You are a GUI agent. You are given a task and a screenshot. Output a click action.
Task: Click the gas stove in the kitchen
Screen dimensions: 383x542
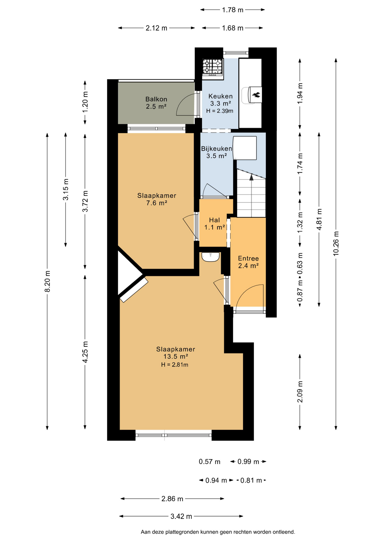[213, 68]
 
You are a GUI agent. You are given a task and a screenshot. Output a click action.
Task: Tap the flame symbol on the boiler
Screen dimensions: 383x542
[256, 95]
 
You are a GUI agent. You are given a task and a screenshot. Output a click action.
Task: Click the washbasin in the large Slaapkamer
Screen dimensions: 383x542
[210, 257]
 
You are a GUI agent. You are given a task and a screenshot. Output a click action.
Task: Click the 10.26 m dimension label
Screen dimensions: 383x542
[336, 244]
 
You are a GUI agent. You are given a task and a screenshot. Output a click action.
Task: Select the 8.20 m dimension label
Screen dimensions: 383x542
[47, 281]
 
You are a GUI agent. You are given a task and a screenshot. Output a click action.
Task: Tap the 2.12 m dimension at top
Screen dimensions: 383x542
[156, 28]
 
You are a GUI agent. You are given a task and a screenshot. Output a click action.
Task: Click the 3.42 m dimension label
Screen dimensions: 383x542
[181, 516]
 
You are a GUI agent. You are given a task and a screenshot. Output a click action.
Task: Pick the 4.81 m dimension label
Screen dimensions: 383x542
[319, 219]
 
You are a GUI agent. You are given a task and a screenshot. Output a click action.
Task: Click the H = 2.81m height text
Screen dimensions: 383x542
[175, 365]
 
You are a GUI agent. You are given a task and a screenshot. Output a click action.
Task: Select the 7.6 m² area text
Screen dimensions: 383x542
[157, 203]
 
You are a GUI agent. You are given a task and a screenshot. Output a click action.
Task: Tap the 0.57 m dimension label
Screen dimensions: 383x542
[210, 462]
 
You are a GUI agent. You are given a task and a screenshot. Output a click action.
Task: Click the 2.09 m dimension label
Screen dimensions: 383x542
[300, 392]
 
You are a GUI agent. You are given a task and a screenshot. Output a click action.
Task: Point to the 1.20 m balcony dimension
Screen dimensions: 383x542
[85, 102]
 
